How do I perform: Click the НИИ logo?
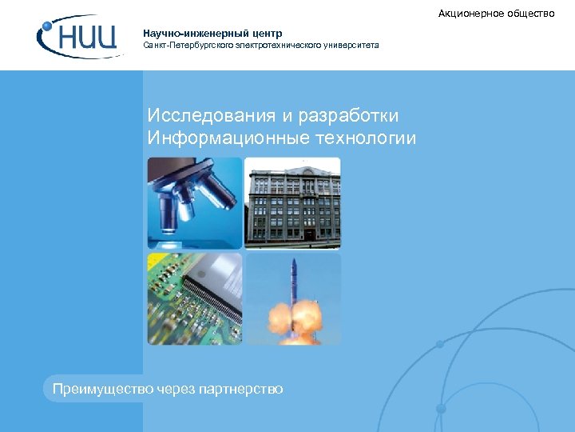click(x=80, y=38)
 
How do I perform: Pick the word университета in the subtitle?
click(x=351, y=46)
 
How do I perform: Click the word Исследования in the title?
click(x=204, y=117)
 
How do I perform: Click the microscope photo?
click(x=194, y=202)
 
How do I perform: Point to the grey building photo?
click(x=292, y=202)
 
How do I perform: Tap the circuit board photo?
click(x=194, y=299)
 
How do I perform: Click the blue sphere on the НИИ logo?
click(x=47, y=27)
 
